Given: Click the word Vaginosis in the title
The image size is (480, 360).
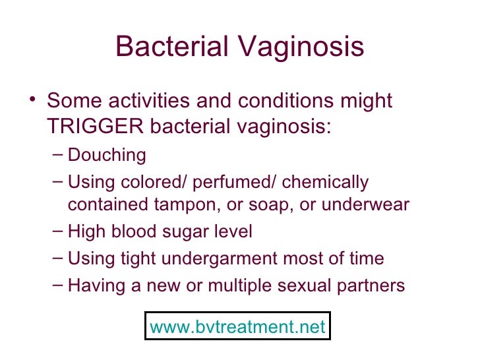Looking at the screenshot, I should (303, 47).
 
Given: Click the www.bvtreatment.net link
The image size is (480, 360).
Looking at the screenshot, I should (238, 326).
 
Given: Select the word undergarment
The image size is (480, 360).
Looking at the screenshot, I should (224, 258).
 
